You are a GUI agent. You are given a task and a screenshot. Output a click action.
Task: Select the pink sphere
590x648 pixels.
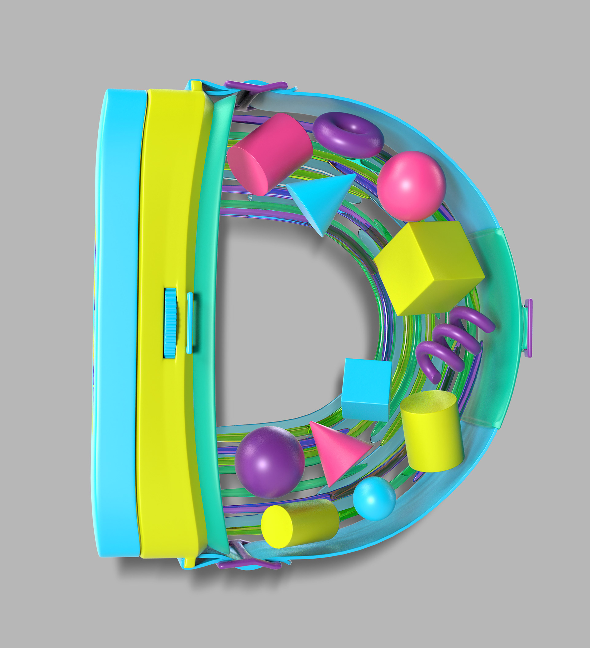[411, 186]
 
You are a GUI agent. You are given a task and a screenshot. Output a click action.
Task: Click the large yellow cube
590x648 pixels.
[429, 268]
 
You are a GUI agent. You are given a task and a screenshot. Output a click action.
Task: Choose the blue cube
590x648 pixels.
[367, 389]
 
